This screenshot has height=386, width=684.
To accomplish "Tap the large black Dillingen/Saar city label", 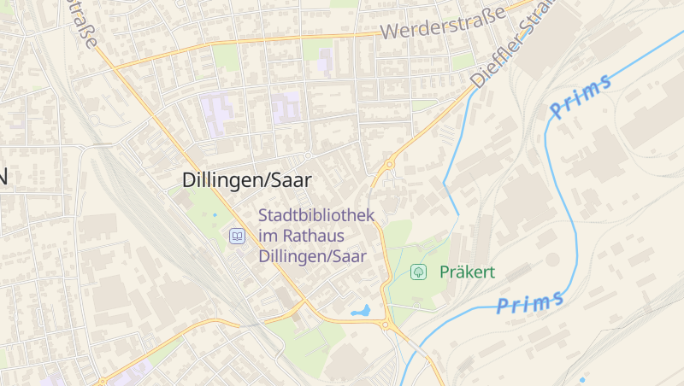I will pyautogui.click(x=247, y=180).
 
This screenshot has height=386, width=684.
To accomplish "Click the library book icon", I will pyautogui.click(x=237, y=235).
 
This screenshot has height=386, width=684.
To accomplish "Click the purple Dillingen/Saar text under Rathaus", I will pyautogui.click(x=312, y=255).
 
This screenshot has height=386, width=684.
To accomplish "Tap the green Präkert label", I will pyautogui.click(x=467, y=272).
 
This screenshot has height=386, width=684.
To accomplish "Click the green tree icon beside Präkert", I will pyautogui.click(x=419, y=272).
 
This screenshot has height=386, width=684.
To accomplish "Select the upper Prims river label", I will pyautogui.click(x=581, y=96).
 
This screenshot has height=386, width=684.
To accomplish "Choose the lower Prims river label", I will pyautogui.click(x=530, y=301).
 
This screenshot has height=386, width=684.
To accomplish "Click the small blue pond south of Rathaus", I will pyautogui.click(x=361, y=312).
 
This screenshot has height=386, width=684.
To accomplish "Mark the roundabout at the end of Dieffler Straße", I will pyautogui.click(x=389, y=164).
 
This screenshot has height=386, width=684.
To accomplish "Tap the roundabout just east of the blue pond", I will pyautogui.click(x=387, y=325).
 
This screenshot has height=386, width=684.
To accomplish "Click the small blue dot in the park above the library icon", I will pyautogui.click(x=215, y=214).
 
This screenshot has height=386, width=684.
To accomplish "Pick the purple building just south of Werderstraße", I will pyautogui.click(x=325, y=60).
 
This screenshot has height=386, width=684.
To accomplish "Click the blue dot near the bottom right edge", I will pyautogui.click(x=583, y=379).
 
